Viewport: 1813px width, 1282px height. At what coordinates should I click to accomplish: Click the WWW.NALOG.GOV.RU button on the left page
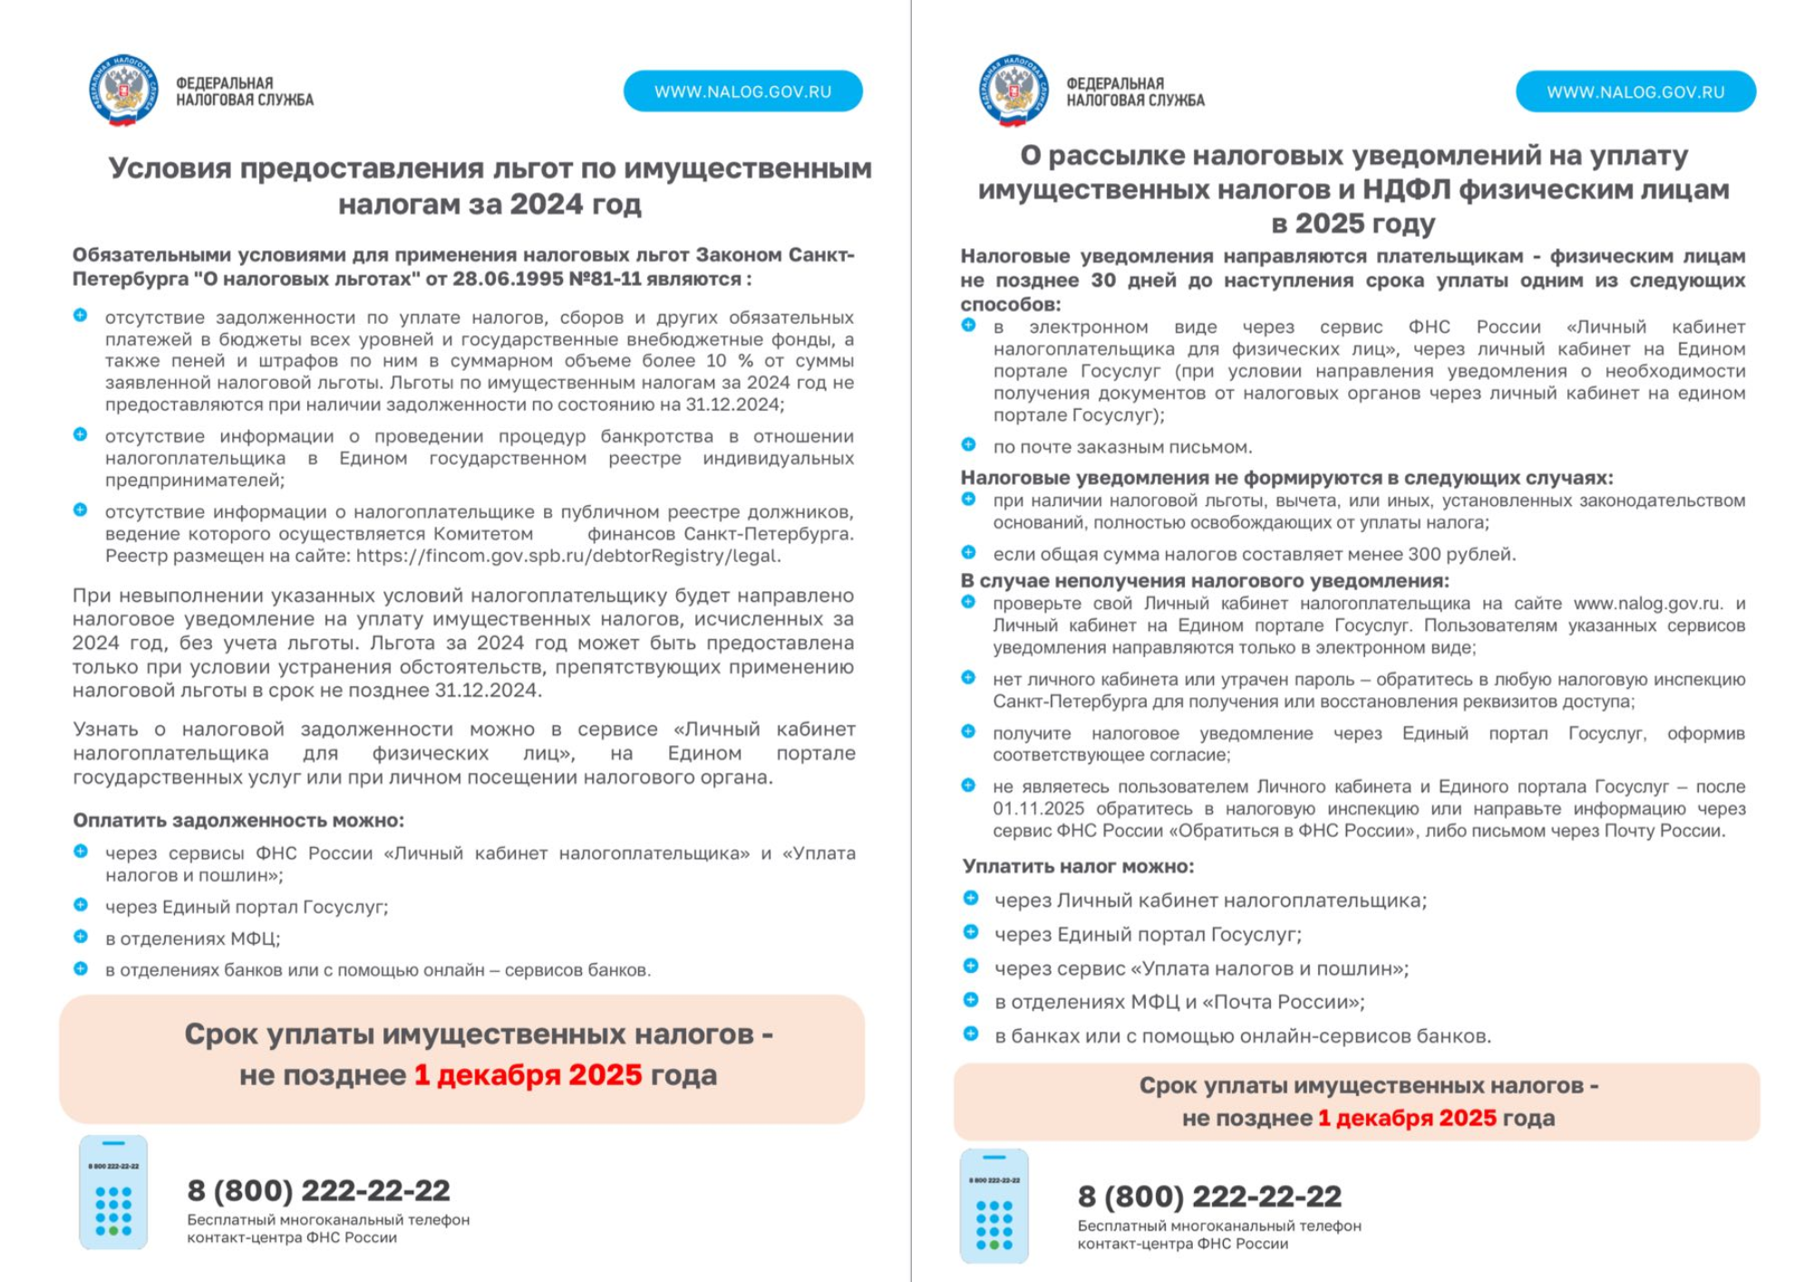coord(742,92)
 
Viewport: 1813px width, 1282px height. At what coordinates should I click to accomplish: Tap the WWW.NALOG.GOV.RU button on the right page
coord(1635,92)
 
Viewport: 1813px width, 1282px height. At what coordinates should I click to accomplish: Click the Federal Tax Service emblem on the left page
coord(124,90)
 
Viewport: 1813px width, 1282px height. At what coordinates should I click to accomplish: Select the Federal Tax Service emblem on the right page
coord(1014,90)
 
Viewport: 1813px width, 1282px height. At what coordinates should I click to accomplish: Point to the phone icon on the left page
coord(113,1191)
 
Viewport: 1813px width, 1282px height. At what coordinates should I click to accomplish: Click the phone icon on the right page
coord(994,1206)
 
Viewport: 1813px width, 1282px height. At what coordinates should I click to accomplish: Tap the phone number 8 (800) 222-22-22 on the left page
coord(318,1190)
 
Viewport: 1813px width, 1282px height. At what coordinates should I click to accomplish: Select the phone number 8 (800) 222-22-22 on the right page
coord(1209,1196)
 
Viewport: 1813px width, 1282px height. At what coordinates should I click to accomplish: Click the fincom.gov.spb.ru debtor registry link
coord(567,556)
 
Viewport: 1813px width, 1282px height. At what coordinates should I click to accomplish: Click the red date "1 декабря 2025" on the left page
coord(528,1074)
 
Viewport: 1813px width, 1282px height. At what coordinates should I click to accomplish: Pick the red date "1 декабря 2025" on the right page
coord(1407,1118)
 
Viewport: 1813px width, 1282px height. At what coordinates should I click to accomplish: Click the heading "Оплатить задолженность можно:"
coord(238,820)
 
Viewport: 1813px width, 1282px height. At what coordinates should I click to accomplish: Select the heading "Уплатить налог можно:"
coord(1078,866)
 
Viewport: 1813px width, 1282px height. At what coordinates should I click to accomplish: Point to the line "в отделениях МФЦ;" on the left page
coord(192,938)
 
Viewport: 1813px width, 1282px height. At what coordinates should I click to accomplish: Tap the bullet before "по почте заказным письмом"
coord(968,445)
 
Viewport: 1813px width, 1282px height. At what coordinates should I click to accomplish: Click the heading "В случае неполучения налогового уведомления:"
coord(1205,580)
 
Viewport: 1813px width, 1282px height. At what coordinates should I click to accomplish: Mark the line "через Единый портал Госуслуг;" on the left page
coord(247,907)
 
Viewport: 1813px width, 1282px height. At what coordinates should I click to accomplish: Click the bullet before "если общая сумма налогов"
coord(968,553)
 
